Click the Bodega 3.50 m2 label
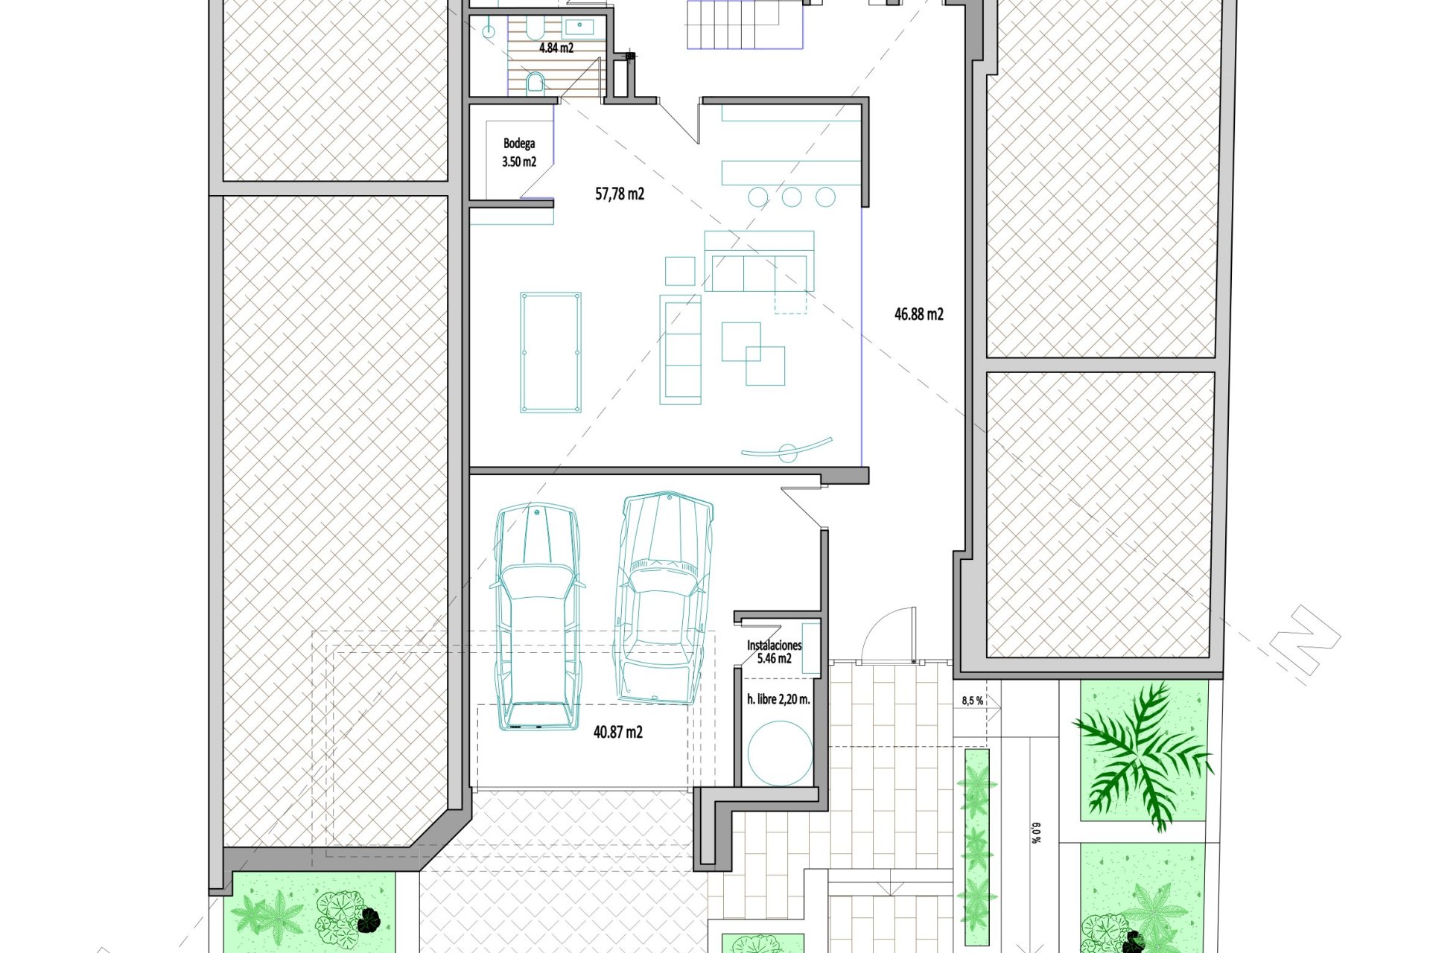(519, 153)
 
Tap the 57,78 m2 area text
(620, 194)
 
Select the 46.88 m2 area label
(919, 314)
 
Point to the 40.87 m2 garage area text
(618, 732)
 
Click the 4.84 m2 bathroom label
(556, 48)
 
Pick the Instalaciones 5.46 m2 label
(775, 652)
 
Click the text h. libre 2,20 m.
(778, 699)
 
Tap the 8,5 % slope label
(973, 701)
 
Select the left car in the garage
(537, 617)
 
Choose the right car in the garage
(662, 597)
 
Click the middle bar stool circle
(792, 197)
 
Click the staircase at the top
(745, 24)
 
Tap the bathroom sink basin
(578, 28)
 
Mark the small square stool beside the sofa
(680, 271)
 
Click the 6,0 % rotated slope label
(1035, 832)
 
